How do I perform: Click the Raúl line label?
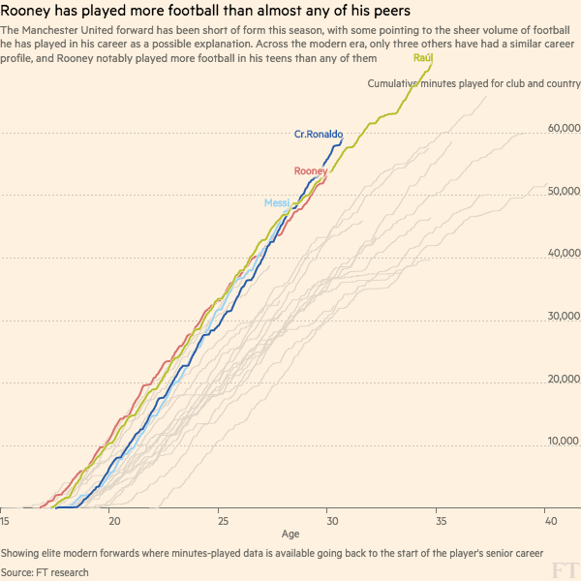422,59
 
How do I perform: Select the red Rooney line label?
310,171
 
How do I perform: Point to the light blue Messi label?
277,202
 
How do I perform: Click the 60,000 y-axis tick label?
563,129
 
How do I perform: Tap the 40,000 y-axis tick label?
563,254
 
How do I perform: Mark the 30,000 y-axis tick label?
563,317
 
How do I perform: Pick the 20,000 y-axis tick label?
563,379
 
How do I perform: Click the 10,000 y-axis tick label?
563,442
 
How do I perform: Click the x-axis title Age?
290,534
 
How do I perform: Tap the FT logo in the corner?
561,566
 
